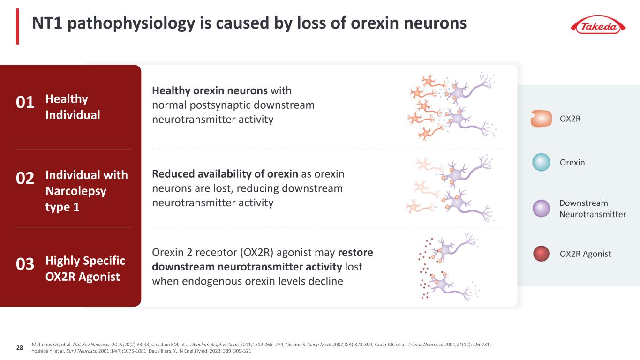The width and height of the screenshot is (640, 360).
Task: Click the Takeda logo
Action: pyautogui.click(x=597, y=25)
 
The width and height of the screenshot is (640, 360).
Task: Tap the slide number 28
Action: pyautogui.click(x=20, y=348)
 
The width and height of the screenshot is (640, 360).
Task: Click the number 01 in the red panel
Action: pyautogui.click(x=26, y=103)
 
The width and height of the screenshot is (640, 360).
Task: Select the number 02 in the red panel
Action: pyautogui.click(x=26, y=179)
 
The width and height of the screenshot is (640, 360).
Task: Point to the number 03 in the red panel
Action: pyautogui.click(x=26, y=265)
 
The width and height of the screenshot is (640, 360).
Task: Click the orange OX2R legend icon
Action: pyautogui.click(x=541, y=119)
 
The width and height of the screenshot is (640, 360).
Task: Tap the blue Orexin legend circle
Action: pyautogui.click(x=541, y=162)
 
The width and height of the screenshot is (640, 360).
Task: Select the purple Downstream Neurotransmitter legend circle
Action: pyautogui.click(x=541, y=209)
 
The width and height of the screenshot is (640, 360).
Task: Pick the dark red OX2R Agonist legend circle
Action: pyautogui.click(x=541, y=254)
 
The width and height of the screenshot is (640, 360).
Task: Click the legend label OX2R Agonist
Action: pyautogui.click(x=585, y=254)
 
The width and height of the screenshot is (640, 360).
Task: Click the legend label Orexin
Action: pyautogui.click(x=572, y=163)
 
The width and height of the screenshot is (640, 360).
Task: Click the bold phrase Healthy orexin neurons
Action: pyautogui.click(x=210, y=90)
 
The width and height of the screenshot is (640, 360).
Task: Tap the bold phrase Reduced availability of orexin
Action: pyautogui.click(x=225, y=174)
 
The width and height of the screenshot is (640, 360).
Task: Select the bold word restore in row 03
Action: pyautogui.click(x=355, y=253)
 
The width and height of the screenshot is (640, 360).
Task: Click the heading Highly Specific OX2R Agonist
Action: pyautogui.click(x=85, y=269)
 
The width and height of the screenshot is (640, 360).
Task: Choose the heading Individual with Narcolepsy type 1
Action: pyautogui.click(x=86, y=191)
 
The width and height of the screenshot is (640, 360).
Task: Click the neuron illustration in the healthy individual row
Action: pyautogui.click(x=452, y=106)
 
